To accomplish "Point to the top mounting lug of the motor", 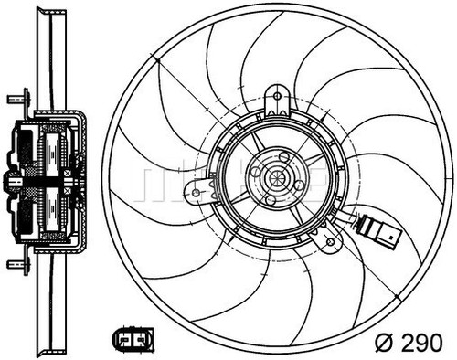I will pos(277,100).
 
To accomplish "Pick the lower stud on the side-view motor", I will pos(13,264).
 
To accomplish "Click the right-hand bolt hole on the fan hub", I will pos(298,185).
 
